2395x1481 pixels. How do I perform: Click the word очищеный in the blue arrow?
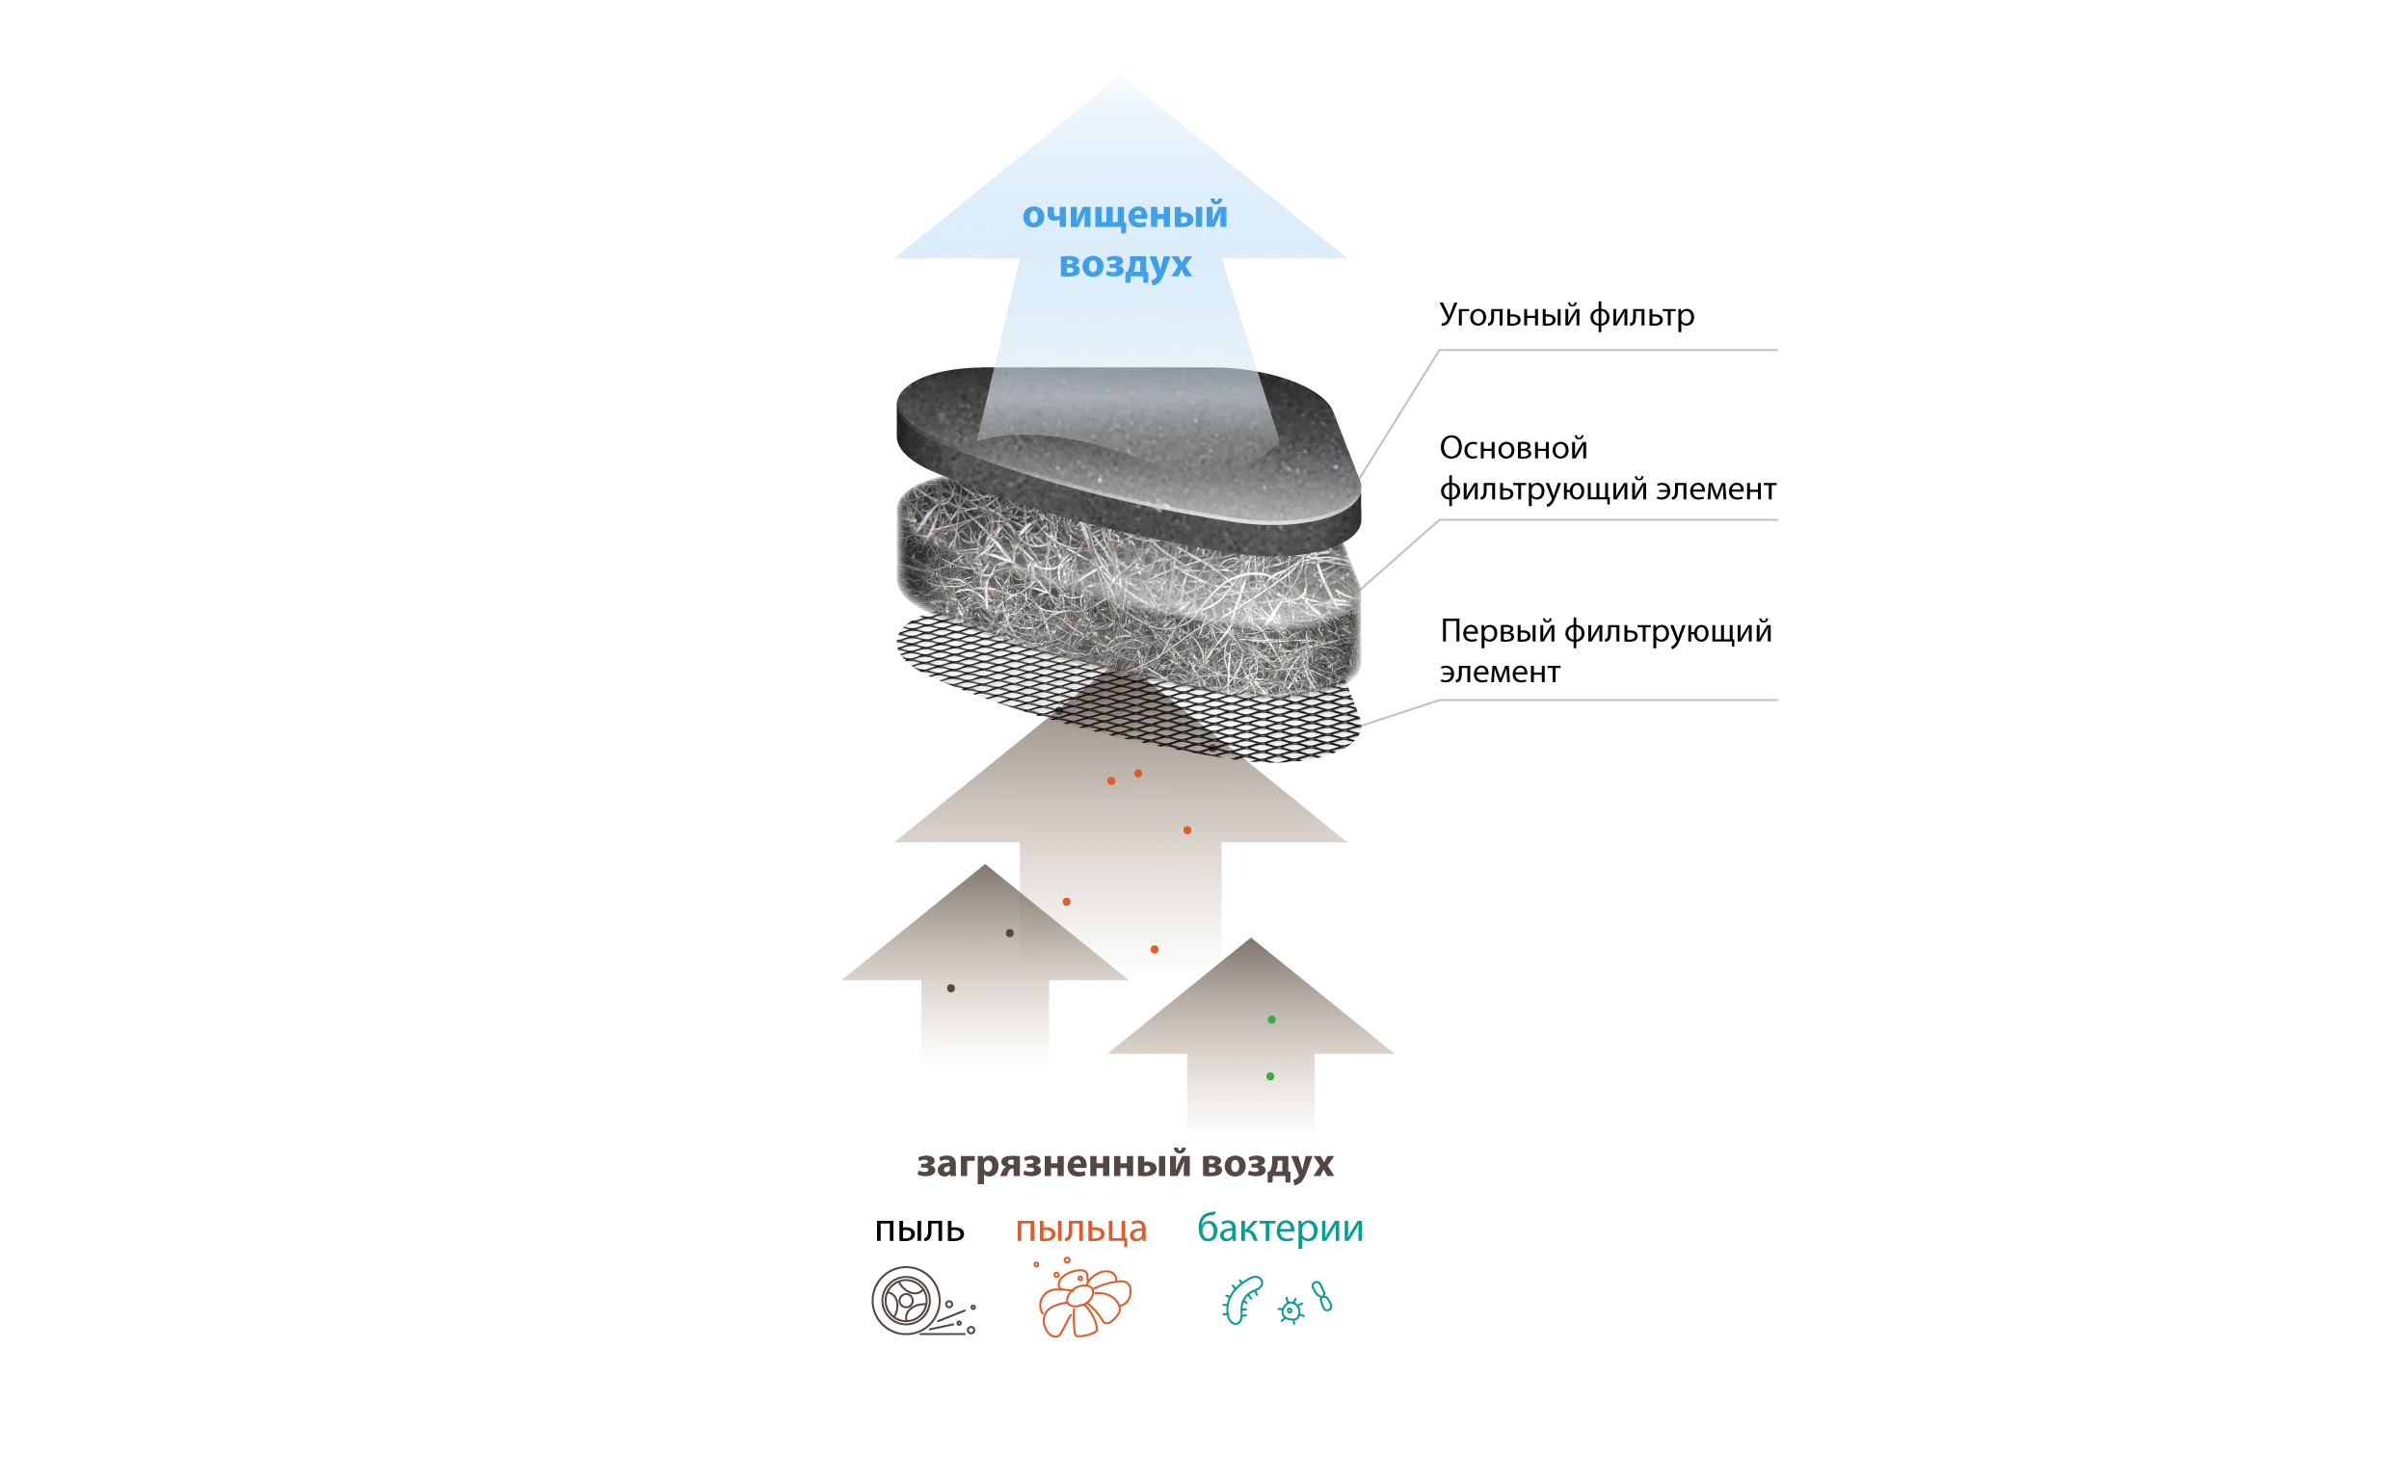[1125, 216]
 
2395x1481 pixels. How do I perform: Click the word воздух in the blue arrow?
[1126, 264]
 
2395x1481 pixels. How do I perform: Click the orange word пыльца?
[1082, 1229]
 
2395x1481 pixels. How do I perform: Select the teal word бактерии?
[1280, 1229]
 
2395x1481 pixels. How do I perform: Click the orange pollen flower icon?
[1083, 1303]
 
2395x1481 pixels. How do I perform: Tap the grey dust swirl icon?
[920, 1303]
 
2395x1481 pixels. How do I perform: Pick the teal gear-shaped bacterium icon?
[1291, 1310]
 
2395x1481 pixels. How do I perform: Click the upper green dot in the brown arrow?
[1271, 1020]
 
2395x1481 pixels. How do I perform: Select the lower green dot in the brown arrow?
[1269, 1076]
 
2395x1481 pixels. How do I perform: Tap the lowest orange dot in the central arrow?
[1154, 949]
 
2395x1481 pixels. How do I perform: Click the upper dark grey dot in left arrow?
[1009, 933]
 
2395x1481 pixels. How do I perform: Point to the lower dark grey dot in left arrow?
[950, 989]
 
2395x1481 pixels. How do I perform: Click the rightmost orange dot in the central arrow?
[1186, 831]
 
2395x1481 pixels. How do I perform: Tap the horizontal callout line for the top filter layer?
[1607, 350]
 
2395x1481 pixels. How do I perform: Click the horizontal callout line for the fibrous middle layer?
[1607, 522]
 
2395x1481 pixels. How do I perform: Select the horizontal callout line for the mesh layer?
[1607, 698]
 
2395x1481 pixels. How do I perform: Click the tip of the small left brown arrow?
[985, 867]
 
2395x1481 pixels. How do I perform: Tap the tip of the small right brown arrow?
[1248, 938]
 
